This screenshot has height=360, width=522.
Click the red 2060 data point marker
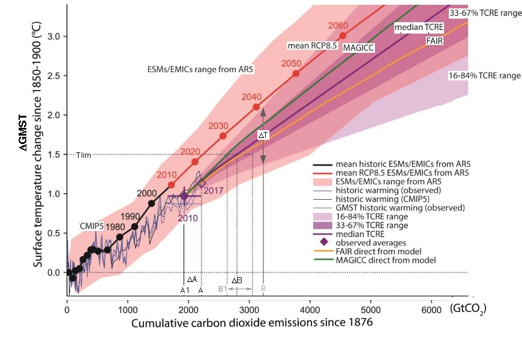tap(343, 35)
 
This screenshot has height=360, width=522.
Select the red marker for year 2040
tap(256, 107)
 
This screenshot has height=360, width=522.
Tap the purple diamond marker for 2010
tap(184, 196)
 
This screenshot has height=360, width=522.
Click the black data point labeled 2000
tap(152, 203)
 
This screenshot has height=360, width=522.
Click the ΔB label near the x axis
tap(236, 280)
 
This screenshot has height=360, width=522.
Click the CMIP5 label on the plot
tap(92, 226)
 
